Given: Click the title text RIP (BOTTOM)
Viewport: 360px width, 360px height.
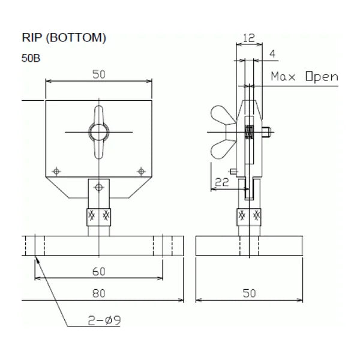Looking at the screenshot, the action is coord(64,37).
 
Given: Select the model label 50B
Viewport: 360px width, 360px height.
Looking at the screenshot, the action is coord(31,58).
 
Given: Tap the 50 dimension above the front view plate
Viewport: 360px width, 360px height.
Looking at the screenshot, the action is coord(99,74).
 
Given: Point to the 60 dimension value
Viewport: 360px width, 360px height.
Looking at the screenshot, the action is coord(99,272).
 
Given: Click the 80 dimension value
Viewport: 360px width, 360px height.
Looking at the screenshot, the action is coord(99,293).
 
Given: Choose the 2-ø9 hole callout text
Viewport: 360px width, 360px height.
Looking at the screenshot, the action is coord(104,320).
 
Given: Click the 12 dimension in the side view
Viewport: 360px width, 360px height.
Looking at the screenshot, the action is coord(249,37).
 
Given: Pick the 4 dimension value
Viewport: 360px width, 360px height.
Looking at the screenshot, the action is coord(272,54).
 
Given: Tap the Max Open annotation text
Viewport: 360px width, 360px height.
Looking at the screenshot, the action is coord(304,76).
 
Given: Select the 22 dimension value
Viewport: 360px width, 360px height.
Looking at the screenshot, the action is coord(222,182).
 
